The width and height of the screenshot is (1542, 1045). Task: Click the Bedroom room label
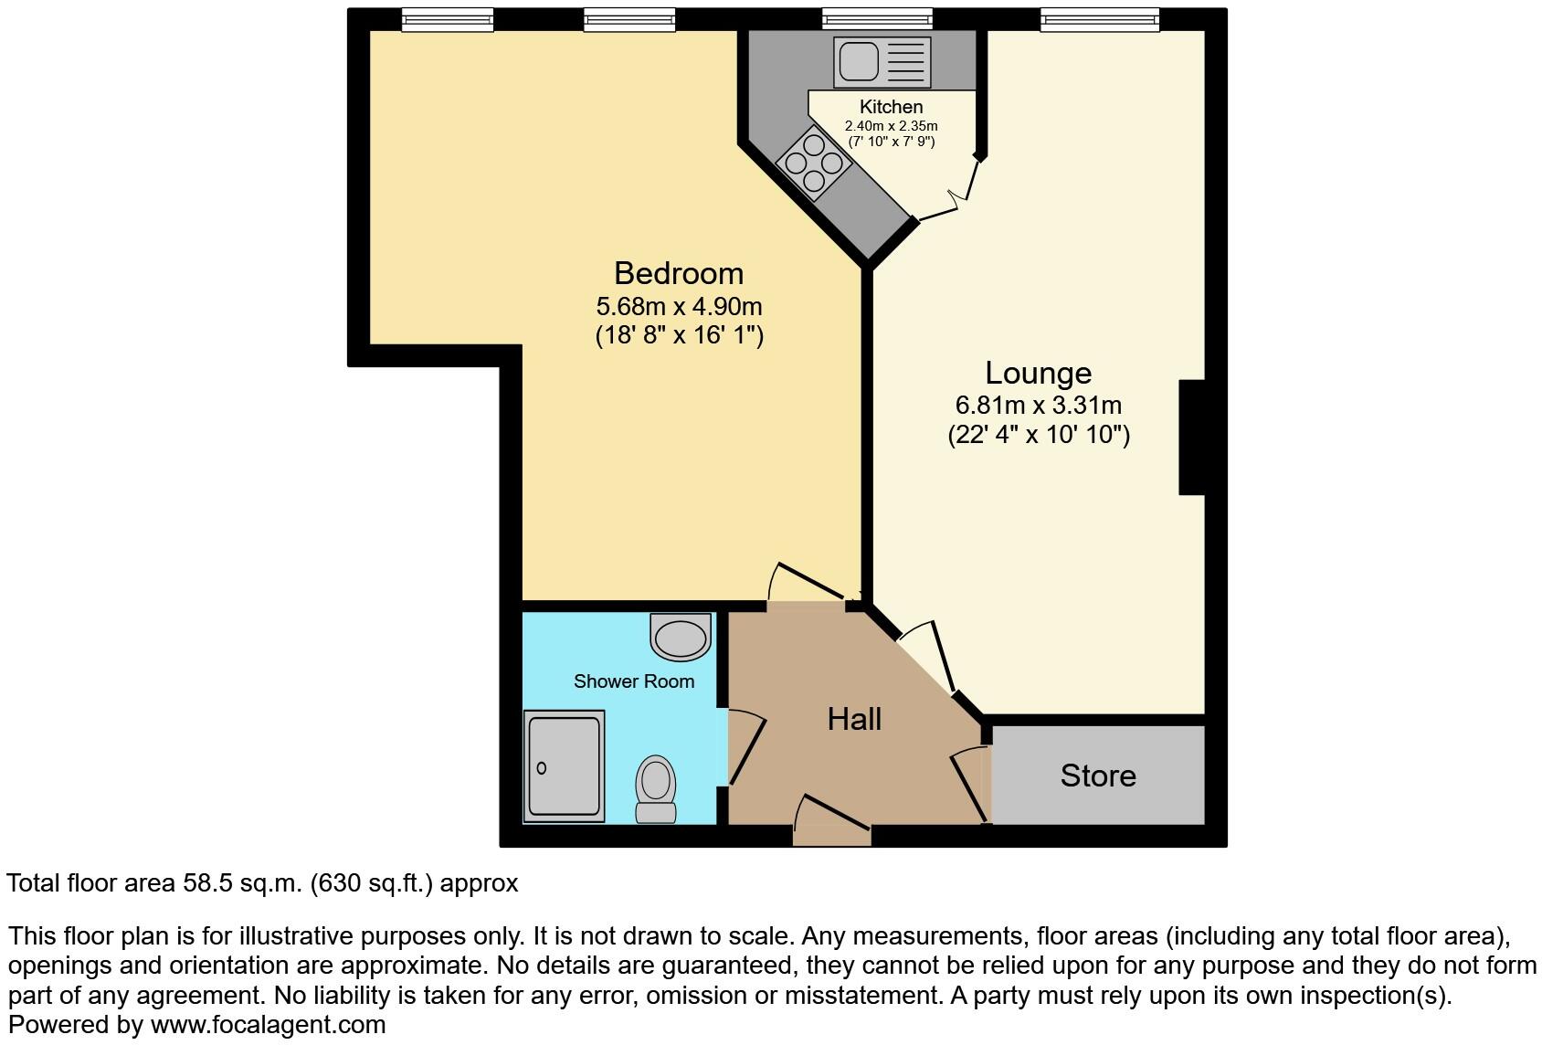[x=678, y=273]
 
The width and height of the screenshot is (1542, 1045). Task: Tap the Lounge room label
[x=1038, y=373]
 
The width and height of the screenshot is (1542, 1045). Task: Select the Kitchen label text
[x=891, y=107]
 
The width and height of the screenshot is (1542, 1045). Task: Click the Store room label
[x=1098, y=776]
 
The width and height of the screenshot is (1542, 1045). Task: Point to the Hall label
[x=854, y=719]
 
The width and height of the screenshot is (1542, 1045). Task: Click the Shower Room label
[x=633, y=681]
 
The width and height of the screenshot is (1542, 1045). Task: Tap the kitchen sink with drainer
[x=881, y=62]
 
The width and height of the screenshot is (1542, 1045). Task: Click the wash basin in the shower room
[x=681, y=637]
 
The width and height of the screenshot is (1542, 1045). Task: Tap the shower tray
[x=564, y=766]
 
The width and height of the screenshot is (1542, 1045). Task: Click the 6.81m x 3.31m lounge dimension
[x=1038, y=405]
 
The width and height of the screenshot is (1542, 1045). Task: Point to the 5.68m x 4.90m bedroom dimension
[x=679, y=306]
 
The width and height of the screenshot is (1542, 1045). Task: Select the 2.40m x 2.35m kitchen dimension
[x=891, y=126]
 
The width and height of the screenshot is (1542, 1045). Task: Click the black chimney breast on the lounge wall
[x=1191, y=438]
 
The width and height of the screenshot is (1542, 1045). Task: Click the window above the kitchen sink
[x=876, y=18]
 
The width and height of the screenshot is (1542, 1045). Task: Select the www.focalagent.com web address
[x=268, y=1025]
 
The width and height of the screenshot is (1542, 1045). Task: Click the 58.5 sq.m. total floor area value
[x=236, y=883]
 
